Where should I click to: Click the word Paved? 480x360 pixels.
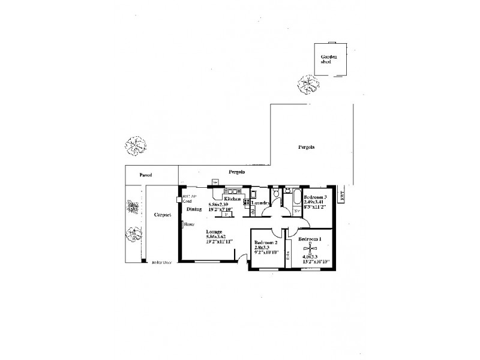(x=146, y=175)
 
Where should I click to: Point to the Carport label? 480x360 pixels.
(x=159, y=214)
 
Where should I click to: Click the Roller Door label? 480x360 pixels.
(x=162, y=262)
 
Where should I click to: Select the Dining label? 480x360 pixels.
(x=194, y=209)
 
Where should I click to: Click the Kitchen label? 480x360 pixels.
(x=232, y=199)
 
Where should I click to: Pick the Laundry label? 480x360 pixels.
(x=259, y=203)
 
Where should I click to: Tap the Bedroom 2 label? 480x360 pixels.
(x=265, y=241)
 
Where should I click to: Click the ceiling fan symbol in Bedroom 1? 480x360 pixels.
(x=310, y=248)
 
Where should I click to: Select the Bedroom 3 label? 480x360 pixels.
(x=315, y=197)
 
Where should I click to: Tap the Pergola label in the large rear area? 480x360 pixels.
(x=307, y=147)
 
